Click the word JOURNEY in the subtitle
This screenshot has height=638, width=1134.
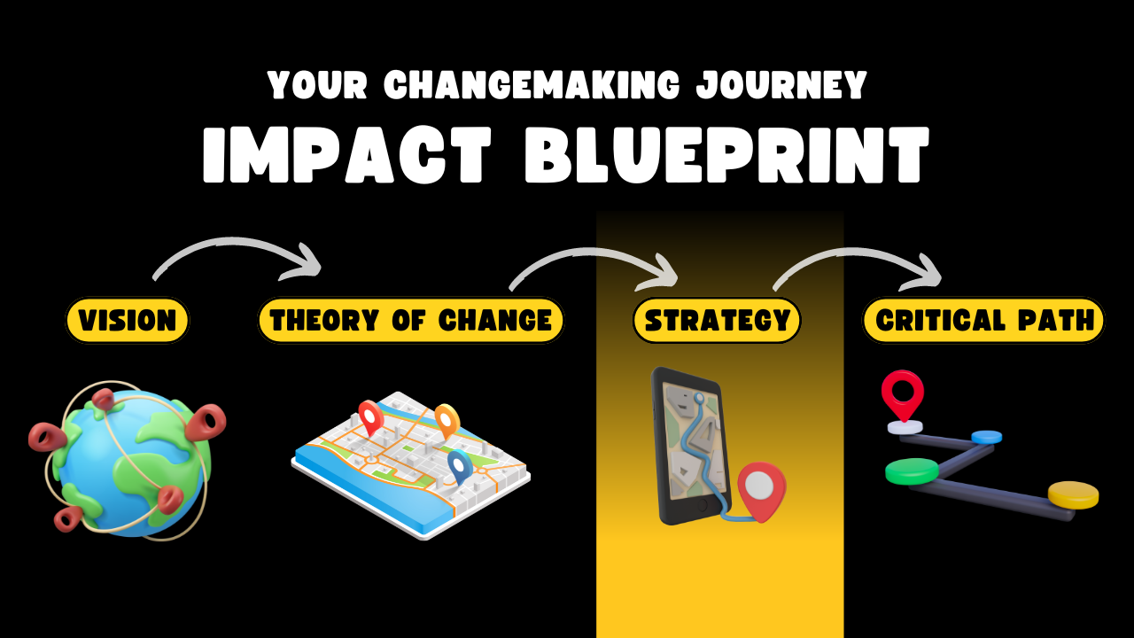(781, 85)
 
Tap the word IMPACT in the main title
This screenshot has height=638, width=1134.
(347, 154)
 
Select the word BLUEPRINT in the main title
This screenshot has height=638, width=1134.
(726, 154)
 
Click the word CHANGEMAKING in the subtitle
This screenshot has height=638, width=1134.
(532, 84)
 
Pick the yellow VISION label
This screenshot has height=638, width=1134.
(127, 320)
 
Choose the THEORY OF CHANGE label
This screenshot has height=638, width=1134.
(411, 320)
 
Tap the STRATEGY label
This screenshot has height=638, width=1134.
(718, 320)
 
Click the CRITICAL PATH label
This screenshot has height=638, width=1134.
(983, 320)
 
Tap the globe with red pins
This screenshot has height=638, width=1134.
(128, 461)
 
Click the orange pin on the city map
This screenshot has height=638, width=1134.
(447, 420)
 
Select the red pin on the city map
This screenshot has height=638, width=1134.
(371, 417)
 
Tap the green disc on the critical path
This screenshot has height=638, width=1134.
(913, 471)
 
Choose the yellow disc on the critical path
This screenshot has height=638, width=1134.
(1073, 494)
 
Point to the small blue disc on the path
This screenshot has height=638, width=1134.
(986, 437)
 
